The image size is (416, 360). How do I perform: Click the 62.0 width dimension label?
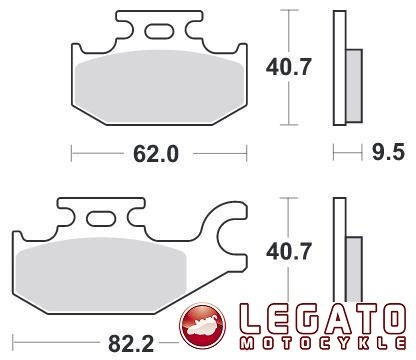point(155,154)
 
